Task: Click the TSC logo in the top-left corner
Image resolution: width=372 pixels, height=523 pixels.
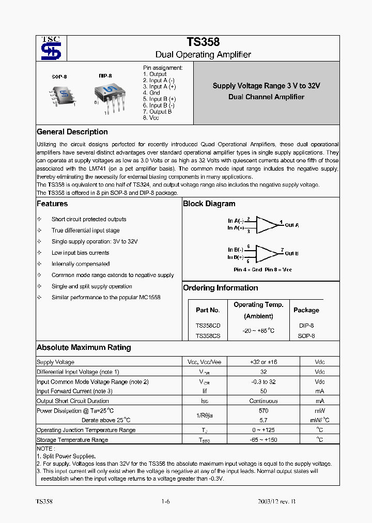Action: click(x=51, y=49)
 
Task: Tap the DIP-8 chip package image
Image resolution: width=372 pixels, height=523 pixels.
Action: click(x=109, y=96)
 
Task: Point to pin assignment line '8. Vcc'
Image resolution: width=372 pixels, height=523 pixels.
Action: click(x=151, y=118)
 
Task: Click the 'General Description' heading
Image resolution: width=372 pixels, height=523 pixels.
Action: click(x=72, y=132)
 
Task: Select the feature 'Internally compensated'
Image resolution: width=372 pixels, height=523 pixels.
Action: click(x=80, y=264)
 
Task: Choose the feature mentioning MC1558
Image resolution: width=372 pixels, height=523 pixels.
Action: click(x=106, y=298)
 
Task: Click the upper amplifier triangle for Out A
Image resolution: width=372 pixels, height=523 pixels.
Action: click(x=267, y=224)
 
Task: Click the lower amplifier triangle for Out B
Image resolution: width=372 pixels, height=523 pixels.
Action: click(x=267, y=253)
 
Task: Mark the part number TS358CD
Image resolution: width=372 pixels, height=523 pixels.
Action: click(x=208, y=326)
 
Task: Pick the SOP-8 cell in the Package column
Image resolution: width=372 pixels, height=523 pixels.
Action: click(x=306, y=336)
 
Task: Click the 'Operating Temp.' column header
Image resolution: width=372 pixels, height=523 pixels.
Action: click(x=258, y=305)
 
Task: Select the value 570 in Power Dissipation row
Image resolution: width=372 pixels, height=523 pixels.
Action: click(x=263, y=410)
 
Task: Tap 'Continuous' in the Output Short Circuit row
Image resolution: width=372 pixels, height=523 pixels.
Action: click(x=263, y=401)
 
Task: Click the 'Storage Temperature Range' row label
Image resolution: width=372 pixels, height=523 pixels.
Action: click(x=72, y=440)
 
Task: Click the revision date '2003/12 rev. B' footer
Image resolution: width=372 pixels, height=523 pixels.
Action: click(x=276, y=502)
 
